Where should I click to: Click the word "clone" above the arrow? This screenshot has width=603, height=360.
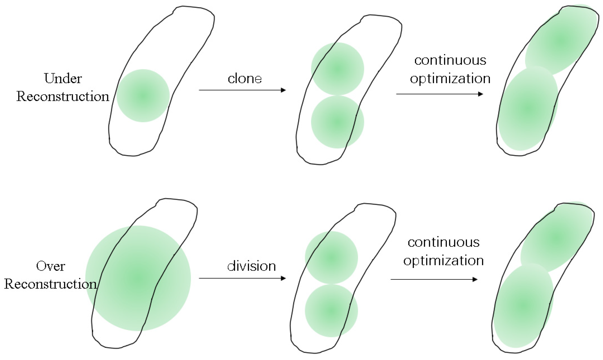pos(244,79)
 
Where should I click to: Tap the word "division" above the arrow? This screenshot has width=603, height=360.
pos(251,266)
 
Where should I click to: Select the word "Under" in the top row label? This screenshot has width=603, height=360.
pos(63,79)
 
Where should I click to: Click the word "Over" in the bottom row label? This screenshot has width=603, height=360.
pos(51,266)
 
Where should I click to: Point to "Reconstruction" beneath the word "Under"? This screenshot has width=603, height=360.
pos(63,96)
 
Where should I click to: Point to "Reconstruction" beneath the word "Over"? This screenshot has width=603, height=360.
pos(51,284)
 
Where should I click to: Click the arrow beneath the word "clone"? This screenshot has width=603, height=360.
pos(242,90)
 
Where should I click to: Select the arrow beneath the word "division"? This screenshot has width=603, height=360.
pos(242,278)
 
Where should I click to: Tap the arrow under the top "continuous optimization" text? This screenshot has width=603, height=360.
pos(440,94)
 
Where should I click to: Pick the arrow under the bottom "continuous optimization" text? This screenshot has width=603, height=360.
pos(434,279)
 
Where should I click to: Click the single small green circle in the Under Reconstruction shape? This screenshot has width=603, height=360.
pos(143,96)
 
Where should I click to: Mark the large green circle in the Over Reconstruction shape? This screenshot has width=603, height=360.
pos(138,278)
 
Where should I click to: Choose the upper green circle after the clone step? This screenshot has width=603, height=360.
pos(337,69)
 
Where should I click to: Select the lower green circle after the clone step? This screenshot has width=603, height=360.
pos(337,122)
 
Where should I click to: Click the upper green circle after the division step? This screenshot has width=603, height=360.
pos(331,257)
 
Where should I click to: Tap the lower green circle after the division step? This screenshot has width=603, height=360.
pos(331,311)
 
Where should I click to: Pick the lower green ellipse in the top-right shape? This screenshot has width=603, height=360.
pos(528,108)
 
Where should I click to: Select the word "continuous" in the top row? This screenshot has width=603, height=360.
pos(450,60)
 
